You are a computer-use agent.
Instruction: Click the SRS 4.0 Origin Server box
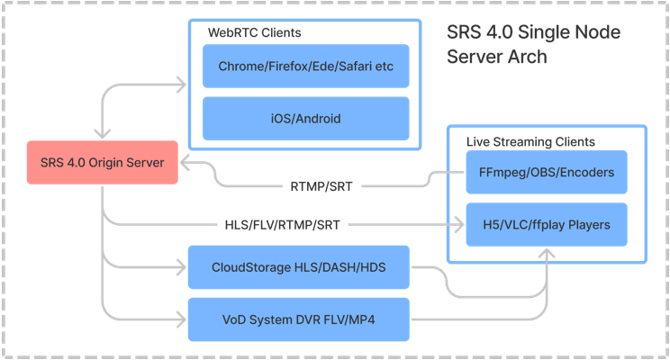point(102,164)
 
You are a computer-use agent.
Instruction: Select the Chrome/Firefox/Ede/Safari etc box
point(306,67)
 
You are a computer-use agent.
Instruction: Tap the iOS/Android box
point(306,118)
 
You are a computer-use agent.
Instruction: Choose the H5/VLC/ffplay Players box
point(546,224)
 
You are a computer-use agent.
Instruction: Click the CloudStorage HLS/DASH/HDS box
point(297,267)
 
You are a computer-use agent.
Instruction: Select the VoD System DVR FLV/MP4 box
point(297,318)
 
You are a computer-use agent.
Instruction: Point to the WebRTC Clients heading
point(255,32)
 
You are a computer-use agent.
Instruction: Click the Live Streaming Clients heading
point(530,142)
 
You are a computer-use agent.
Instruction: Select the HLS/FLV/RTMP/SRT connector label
point(282,224)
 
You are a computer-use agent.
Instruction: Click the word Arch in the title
point(527,56)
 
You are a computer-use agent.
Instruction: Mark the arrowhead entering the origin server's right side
point(184,164)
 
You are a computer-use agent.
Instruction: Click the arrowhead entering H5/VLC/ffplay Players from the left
point(458,224)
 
